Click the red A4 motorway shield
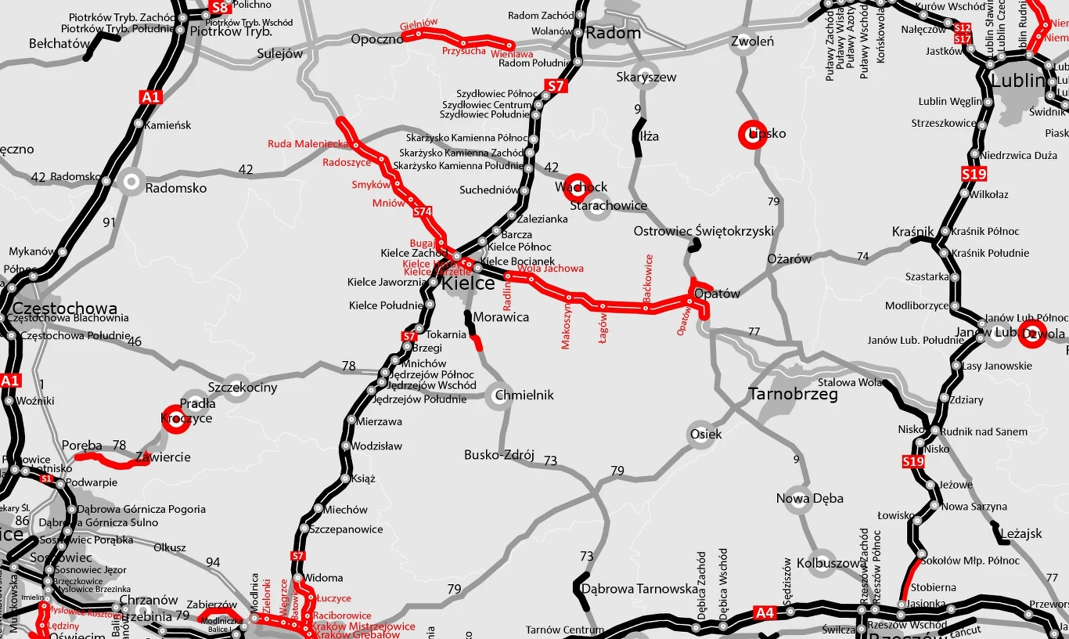765,612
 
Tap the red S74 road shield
423,211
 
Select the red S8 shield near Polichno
220,9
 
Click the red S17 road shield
963,38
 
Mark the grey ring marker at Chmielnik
499,395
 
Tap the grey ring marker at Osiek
700,434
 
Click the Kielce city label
468,283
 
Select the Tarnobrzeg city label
793,394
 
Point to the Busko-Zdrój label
499,454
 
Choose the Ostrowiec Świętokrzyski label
703,231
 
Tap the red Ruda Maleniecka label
308,144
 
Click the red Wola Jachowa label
550,269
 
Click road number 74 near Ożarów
862,256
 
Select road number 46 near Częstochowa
135,341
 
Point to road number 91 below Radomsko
109,222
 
